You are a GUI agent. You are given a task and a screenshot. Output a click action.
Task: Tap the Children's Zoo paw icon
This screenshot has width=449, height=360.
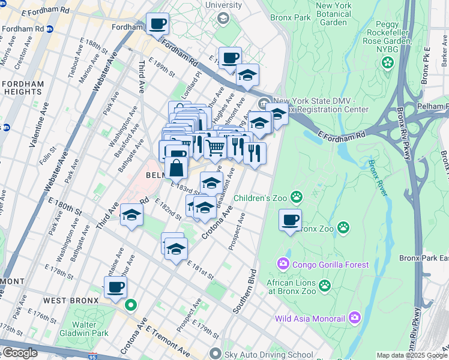pos(296,197)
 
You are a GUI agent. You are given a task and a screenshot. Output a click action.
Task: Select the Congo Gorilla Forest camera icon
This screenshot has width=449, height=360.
pos(282,263)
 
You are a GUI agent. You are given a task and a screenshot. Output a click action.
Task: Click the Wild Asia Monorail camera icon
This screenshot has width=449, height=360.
pos(355,316)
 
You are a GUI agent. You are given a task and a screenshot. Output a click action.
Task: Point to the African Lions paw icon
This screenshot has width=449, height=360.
pos(325,286)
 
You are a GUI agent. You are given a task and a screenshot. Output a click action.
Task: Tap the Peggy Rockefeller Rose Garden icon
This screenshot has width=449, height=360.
pos(388,62)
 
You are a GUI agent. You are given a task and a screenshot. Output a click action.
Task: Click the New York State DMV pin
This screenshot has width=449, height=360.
pos(266,102)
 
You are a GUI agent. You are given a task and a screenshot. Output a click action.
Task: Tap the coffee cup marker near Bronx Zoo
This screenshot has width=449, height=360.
pos(290,220)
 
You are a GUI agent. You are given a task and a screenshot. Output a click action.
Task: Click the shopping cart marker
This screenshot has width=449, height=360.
pos(215,146)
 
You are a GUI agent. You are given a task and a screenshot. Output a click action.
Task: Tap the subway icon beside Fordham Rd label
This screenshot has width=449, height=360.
pos(50,29)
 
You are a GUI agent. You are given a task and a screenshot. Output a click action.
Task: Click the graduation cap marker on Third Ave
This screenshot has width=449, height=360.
pos(130,215)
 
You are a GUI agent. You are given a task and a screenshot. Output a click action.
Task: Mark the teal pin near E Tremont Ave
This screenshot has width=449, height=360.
pos(130,305)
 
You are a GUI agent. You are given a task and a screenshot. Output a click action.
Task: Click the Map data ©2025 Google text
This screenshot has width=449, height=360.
pos(412,355)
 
